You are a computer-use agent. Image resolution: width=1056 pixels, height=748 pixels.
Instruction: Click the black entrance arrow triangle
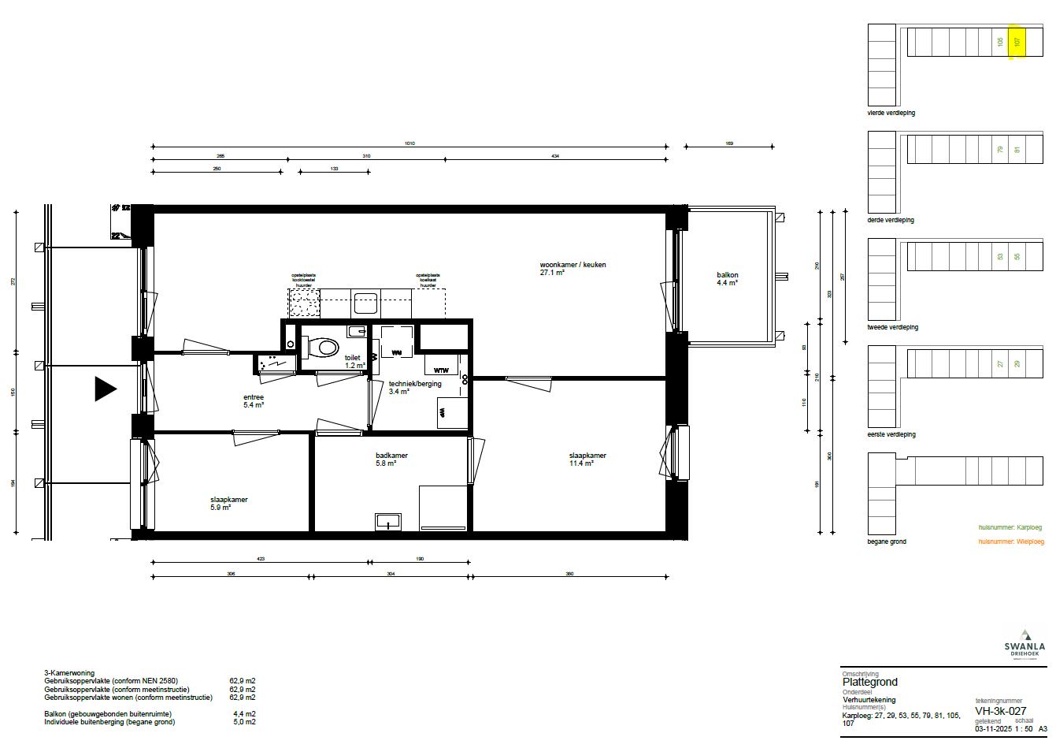tap(105, 389)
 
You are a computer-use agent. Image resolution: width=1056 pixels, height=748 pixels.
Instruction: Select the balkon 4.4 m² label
tap(727, 278)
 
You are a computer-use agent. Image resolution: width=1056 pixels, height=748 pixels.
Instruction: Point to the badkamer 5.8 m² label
tap(391, 460)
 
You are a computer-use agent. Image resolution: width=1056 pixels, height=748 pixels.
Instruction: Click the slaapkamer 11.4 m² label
tap(587, 460)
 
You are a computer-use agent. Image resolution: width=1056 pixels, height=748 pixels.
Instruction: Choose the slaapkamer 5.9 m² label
tap(229, 504)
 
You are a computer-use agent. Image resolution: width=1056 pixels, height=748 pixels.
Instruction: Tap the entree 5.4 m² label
tap(254, 400)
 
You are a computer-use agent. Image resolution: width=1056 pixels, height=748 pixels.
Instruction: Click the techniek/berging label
tap(415, 384)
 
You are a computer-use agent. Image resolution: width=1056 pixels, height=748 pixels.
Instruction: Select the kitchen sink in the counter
tap(365, 303)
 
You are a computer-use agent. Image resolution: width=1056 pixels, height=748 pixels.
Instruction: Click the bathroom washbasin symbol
tap(388, 520)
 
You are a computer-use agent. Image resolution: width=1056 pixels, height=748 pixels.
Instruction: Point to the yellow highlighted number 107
tap(1017, 42)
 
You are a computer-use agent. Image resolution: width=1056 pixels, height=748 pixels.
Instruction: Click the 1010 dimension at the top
tap(409, 143)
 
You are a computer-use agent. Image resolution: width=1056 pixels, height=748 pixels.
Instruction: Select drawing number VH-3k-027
tap(999, 709)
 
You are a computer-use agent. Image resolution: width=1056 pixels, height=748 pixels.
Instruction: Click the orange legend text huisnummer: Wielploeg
tap(1010, 541)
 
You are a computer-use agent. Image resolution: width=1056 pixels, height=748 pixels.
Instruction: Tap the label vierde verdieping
tap(891, 114)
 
